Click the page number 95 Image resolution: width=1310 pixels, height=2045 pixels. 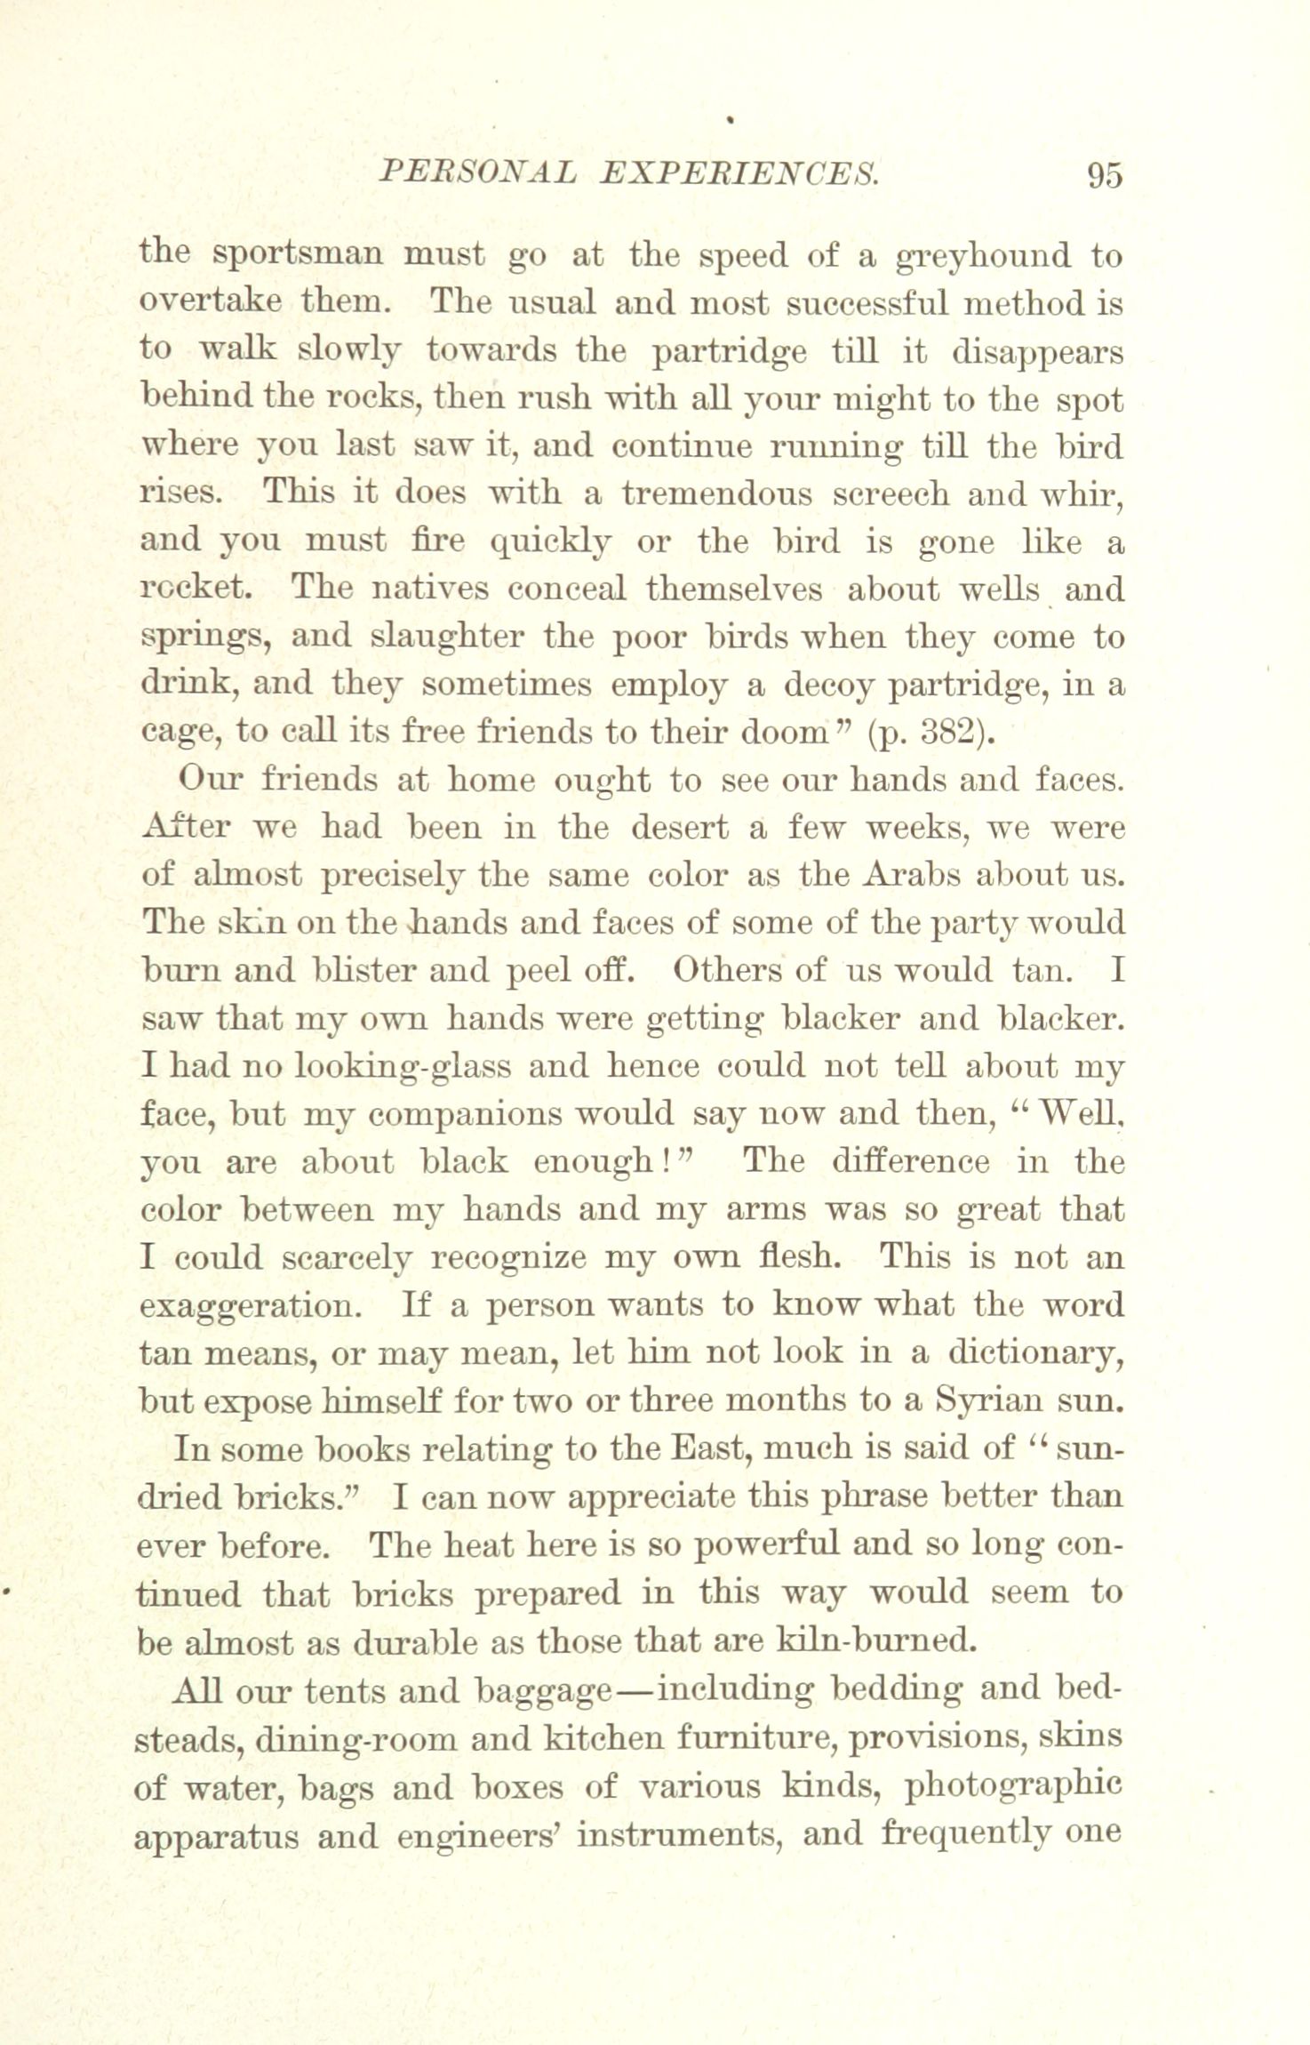coord(1105,174)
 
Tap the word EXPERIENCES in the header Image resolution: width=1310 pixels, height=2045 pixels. coord(739,171)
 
